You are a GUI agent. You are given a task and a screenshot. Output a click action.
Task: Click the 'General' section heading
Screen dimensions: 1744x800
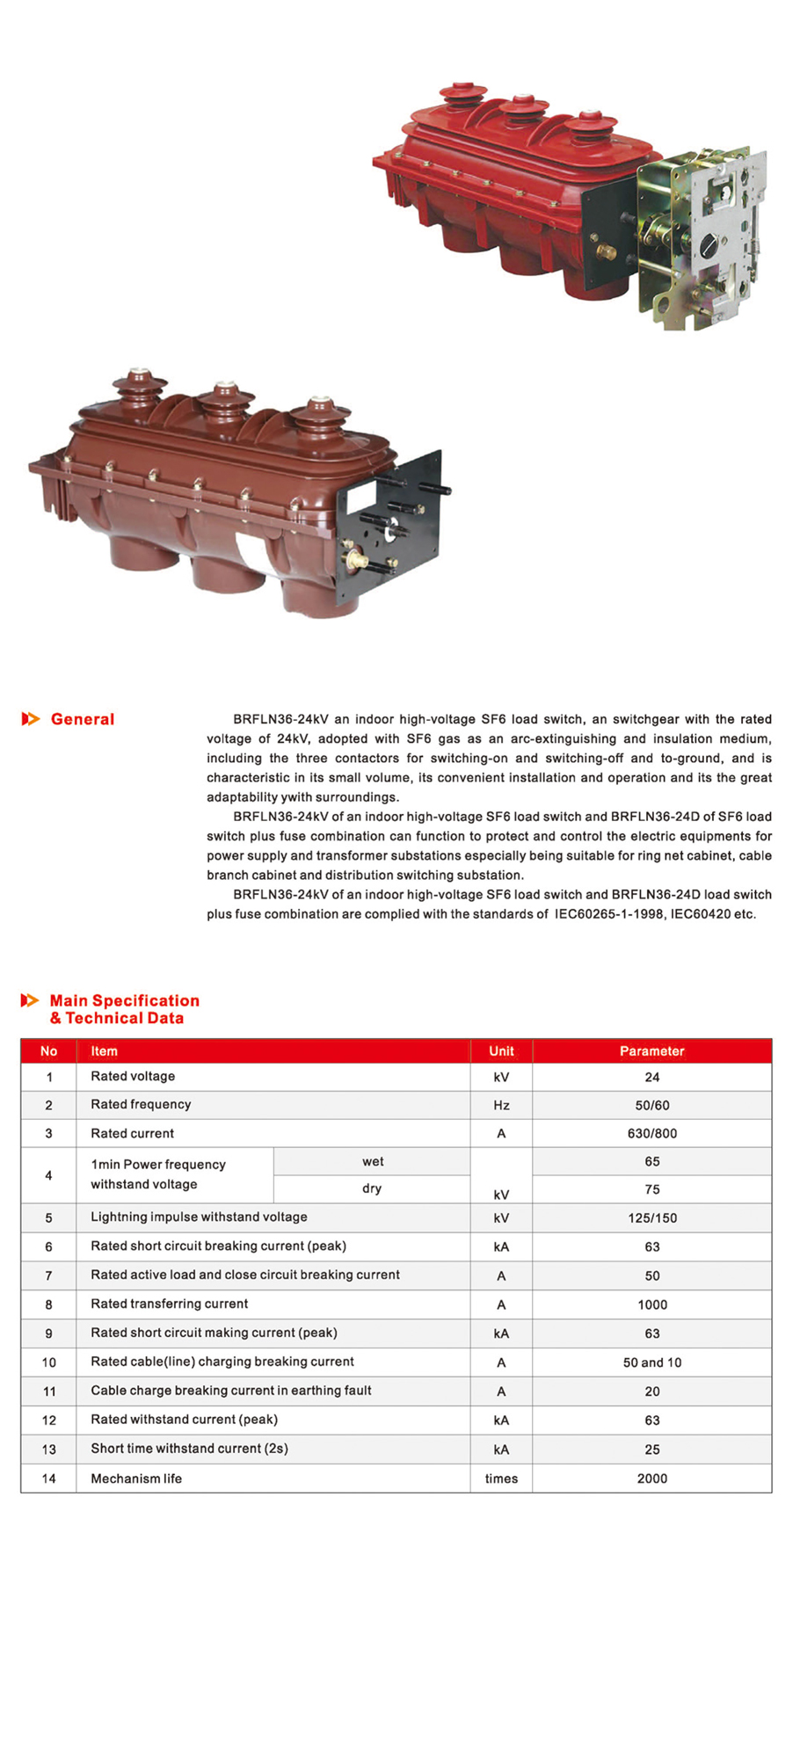(x=83, y=719)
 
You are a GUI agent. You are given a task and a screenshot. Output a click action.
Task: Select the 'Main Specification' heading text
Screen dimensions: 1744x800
(x=124, y=1000)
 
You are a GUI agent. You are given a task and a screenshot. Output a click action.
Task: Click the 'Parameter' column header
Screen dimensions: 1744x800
(x=651, y=1051)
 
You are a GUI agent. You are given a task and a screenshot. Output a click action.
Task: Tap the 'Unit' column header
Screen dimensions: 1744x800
(x=501, y=1051)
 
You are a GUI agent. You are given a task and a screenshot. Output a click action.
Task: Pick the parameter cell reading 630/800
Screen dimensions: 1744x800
(x=651, y=1133)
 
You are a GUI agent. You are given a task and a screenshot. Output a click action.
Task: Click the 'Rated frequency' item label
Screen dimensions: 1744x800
(x=141, y=1105)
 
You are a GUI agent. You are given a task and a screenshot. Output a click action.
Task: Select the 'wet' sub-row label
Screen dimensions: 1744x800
(x=373, y=1161)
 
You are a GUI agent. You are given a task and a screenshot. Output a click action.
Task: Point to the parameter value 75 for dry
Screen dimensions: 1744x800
(x=651, y=1189)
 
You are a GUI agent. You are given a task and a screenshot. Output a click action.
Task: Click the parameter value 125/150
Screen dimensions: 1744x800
(x=651, y=1218)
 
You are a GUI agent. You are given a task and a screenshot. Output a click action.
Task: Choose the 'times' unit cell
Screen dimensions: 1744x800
(x=501, y=1479)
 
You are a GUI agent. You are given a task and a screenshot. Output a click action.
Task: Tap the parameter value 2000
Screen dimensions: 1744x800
(x=651, y=1479)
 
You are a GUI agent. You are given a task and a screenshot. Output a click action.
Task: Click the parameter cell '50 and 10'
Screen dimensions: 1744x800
(x=651, y=1362)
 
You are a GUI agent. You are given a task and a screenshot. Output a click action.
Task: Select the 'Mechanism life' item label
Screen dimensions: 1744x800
(x=136, y=1479)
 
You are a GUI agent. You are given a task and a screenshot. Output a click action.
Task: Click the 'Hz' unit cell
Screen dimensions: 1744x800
(x=501, y=1105)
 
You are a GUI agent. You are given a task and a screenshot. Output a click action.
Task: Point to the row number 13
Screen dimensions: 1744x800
(x=48, y=1450)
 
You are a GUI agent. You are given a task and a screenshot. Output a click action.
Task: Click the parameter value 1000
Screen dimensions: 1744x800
(x=651, y=1304)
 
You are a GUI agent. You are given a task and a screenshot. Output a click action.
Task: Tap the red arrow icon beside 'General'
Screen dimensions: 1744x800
(x=31, y=719)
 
